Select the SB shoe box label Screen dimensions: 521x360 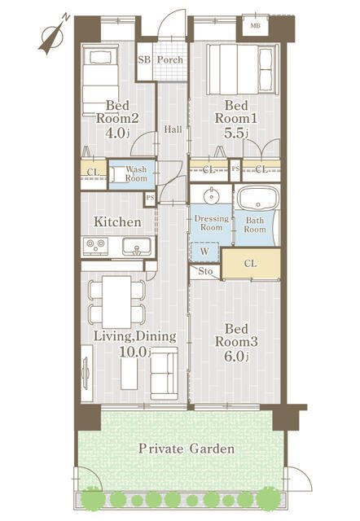[143, 60]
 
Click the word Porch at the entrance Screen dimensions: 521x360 [170, 60]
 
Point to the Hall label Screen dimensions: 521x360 [172, 129]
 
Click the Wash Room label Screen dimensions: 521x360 [136, 174]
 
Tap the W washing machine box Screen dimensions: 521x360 [203, 252]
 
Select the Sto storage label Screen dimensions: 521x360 [206, 271]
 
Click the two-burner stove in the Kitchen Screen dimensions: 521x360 [95, 245]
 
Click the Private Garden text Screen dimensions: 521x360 [187, 449]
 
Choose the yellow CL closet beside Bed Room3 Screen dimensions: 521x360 [251, 263]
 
